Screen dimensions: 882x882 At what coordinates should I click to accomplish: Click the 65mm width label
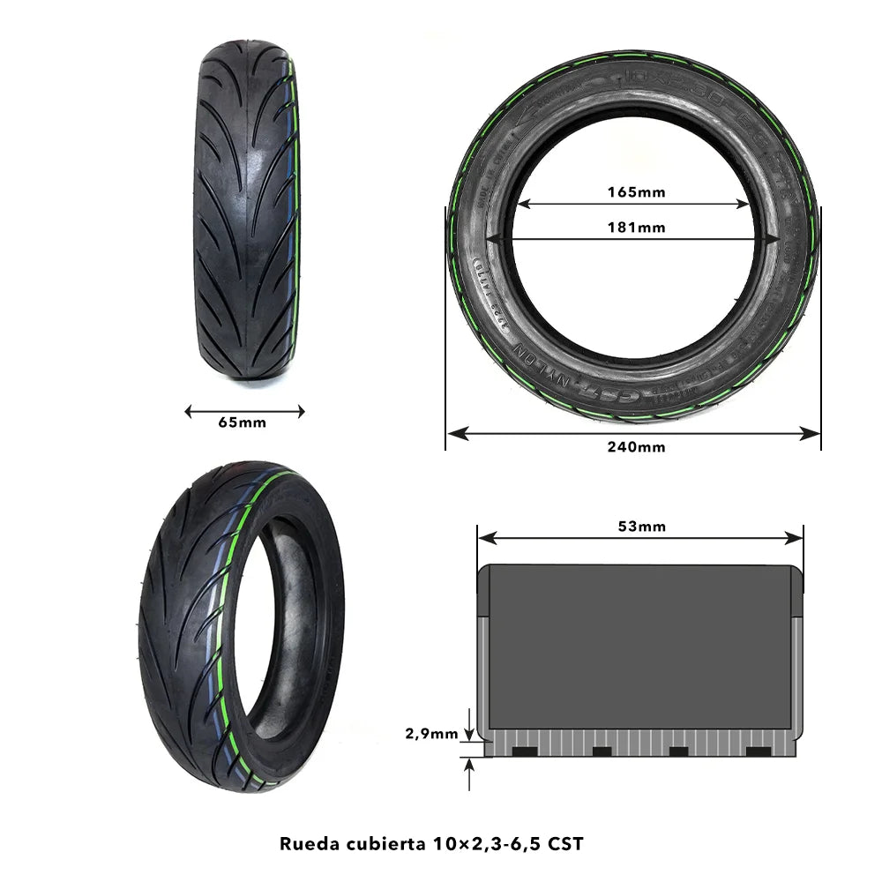click(x=242, y=422)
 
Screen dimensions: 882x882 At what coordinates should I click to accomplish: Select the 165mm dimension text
click(x=636, y=191)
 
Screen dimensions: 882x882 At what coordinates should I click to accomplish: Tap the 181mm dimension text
click(x=636, y=227)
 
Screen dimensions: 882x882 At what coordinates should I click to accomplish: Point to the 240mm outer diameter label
click(x=636, y=446)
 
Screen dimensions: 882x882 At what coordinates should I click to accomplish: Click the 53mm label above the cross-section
click(x=641, y=527)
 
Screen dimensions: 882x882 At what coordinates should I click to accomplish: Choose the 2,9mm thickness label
click(x=431, y=732)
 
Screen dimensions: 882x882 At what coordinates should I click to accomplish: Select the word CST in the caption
click(x=565, y=842)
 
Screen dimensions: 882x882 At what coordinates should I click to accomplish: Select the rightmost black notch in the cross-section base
click(x=758, y=751)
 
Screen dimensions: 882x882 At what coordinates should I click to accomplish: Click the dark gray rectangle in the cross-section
click(x=639, y=647)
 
